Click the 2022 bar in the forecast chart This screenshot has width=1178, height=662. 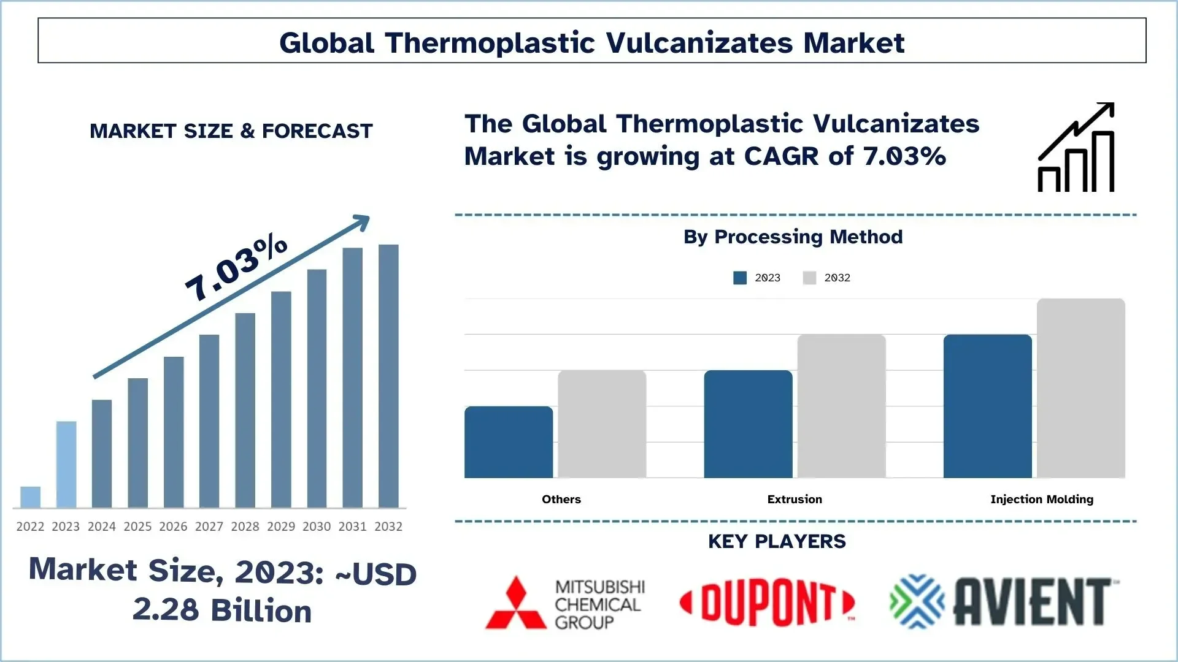point(30,497)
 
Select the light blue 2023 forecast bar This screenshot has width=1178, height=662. point(66,464)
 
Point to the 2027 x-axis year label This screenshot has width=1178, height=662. point(209,527)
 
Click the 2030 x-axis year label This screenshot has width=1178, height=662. point(317,527)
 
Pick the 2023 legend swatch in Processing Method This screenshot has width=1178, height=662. point(740,278)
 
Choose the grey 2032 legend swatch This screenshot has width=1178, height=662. point(809,278)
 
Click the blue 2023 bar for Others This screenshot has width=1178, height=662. point(509,442)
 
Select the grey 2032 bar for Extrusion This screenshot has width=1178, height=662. point(841,406)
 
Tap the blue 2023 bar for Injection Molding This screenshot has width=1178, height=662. point(987,406)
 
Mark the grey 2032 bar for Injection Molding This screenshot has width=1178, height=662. point(1080,388)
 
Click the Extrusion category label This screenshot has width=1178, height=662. point(795,500)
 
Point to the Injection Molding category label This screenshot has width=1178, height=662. point(1042,500)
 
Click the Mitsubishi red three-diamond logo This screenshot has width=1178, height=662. point(516,603)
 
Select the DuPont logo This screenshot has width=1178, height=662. point(767,604)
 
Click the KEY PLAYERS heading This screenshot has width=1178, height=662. point(777,541)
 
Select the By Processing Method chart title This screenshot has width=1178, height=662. point(793,237)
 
